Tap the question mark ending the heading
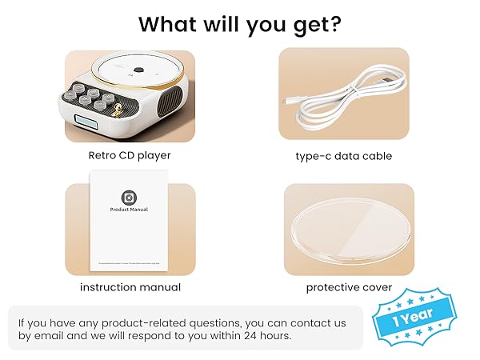[337, 23]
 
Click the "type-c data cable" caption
[343, 156]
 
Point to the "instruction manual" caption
[130, 287]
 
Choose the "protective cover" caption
[349, 287]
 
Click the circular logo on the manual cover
[128, 197]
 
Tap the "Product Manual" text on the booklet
[129, 210]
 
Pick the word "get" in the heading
[313, 25]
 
